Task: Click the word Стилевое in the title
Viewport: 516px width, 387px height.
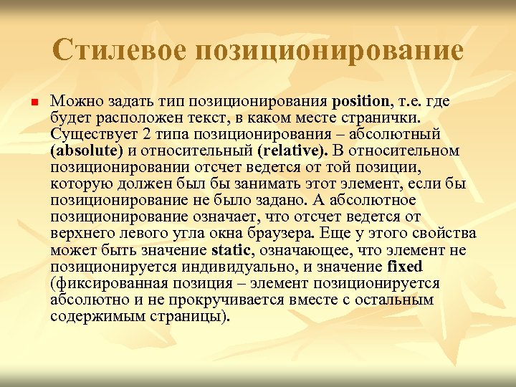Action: [118, 49]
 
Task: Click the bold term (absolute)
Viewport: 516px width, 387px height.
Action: [87, 150]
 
